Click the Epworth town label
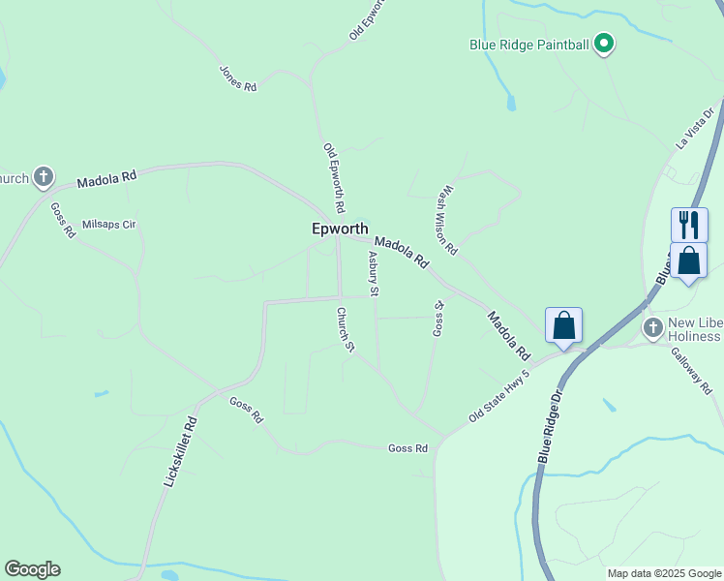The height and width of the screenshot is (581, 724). point(340,229)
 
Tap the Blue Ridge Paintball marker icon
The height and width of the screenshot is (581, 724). point(605,45)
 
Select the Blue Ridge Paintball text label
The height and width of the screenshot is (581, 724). point(529,45)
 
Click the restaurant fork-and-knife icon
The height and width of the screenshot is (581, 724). point(688,225)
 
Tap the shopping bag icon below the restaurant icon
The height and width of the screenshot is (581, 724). point(688,260)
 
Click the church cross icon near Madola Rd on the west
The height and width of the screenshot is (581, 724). point(43,177)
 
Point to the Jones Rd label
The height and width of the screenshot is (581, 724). point(238,78)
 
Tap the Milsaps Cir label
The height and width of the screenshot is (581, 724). point(109,224)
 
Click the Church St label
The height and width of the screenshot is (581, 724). point(346,330)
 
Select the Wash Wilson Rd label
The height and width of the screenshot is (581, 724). point(445,221)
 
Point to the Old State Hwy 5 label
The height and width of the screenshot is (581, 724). point(499,395)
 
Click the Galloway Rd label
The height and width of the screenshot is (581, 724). point(691,372)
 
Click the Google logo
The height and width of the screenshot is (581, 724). point(32,569)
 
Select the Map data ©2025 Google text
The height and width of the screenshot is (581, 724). point(664,573)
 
